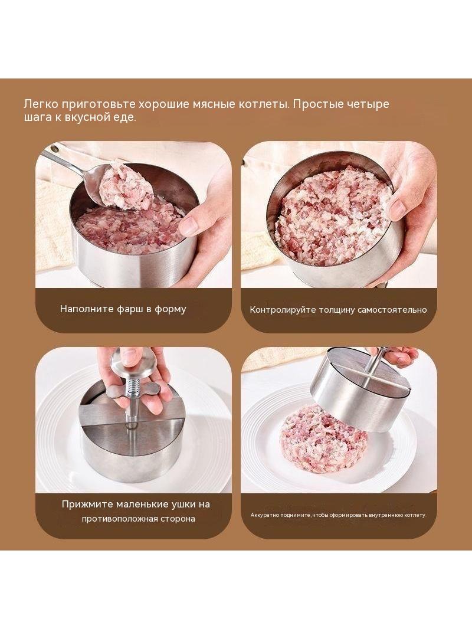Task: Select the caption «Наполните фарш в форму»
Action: click(x=123, y=309)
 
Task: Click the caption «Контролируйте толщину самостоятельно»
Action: click(x=338, y=310)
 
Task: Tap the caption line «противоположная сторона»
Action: click(x=138, y=519)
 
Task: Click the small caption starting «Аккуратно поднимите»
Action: click(x=337, y=515)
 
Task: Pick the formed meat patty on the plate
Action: click(x=323, y=438)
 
